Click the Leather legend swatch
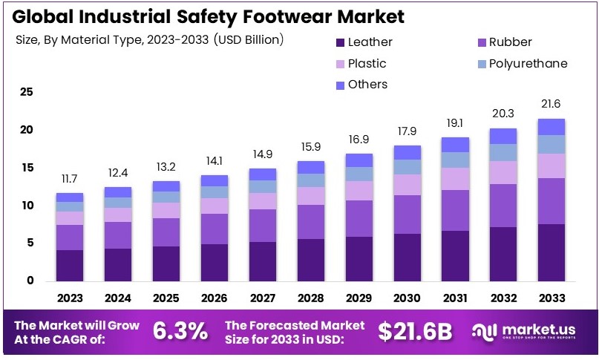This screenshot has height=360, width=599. [341, 42]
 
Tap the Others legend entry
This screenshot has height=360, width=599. [367, 84]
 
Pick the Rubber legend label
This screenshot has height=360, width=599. [511, 42]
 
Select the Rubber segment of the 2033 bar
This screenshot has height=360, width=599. [551, 201]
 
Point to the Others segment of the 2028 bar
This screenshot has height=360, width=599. [311, 167]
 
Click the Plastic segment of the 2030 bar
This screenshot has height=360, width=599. [407, 185]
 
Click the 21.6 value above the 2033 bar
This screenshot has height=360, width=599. [551, 105]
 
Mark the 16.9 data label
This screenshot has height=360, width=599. [359, 140]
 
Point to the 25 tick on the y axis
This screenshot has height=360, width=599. [27, 92]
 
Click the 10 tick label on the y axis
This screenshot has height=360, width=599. [27, 206]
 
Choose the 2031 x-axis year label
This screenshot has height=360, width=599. [456, 297]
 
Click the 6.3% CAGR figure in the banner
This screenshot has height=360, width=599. [180, 332]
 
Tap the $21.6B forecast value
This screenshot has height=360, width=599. [414, 332]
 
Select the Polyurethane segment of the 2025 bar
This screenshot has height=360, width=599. [167, 197]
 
